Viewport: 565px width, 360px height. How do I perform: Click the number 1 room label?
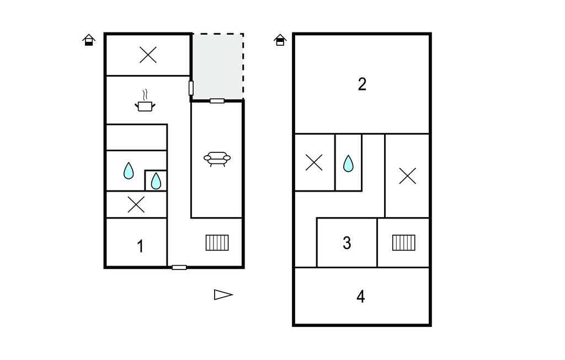(140, 246)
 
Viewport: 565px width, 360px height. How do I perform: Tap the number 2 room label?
(362, 84)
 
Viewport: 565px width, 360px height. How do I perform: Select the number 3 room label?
(347, 243)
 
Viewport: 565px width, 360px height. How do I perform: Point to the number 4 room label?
(360, 297)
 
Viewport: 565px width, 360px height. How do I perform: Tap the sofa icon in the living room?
(217, 159)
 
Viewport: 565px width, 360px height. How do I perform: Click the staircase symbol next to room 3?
(404, 242)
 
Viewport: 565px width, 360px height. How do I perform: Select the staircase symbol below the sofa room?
(217, 242)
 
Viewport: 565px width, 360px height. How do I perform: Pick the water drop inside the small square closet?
(156, 181)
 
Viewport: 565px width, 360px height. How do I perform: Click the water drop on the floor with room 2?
(348, 163)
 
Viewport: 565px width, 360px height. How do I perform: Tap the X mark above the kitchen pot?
(148, 55)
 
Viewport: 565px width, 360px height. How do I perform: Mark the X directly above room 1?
(136, 205)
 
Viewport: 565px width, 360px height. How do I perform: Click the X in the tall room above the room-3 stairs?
(407, 176)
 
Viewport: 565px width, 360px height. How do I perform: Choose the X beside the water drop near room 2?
(314, 163)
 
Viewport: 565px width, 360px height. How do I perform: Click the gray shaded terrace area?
(218, 66)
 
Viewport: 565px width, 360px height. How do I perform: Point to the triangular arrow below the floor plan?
(223, 295)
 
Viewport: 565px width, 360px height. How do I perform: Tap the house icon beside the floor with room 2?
(280, 40)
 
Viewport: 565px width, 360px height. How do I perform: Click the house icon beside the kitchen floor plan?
(89, 40)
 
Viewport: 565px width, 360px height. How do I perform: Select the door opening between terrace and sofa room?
(217, 100)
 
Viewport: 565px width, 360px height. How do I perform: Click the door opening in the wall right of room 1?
(179, 267)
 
